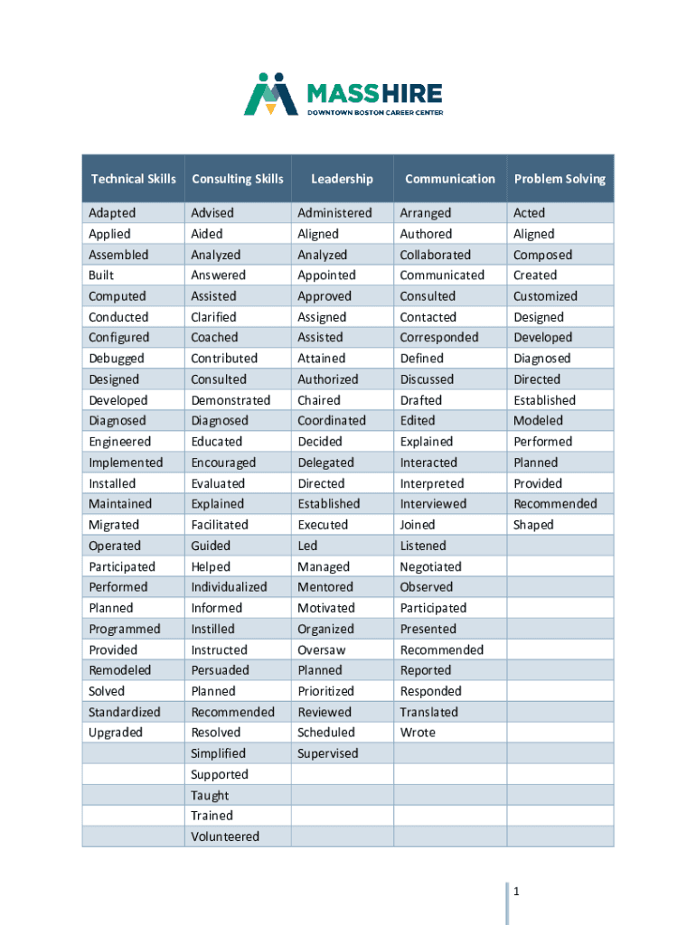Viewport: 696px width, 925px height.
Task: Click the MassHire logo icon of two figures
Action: coord(271,94)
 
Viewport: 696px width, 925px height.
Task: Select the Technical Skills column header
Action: coord(134,179)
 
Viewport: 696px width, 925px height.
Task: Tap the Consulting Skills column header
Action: coord(238,179)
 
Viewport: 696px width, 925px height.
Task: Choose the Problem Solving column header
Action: coord(560,179)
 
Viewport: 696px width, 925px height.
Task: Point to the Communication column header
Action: coord(450,179)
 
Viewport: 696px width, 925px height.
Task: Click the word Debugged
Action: coord(117,359)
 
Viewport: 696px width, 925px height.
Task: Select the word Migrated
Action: coord(114,525)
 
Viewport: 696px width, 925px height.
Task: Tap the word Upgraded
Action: coord(116,733)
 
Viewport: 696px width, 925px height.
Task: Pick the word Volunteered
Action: coord(225,836)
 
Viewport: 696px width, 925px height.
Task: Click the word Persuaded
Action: coord(220,670)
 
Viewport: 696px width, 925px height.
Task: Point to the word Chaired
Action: coord(319,400)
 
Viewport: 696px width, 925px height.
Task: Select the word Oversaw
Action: coord(322,649)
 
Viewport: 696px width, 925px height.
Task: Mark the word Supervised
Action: coord(328,753)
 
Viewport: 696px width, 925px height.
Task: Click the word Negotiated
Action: coord(431,566)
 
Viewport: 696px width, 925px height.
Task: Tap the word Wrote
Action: coord(418,733)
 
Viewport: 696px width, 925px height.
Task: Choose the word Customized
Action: coord(545,296)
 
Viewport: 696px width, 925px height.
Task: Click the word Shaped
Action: coord(533,525)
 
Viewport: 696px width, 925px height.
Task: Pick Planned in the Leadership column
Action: coord(320,670)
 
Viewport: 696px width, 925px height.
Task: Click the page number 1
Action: coord(516,892)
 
